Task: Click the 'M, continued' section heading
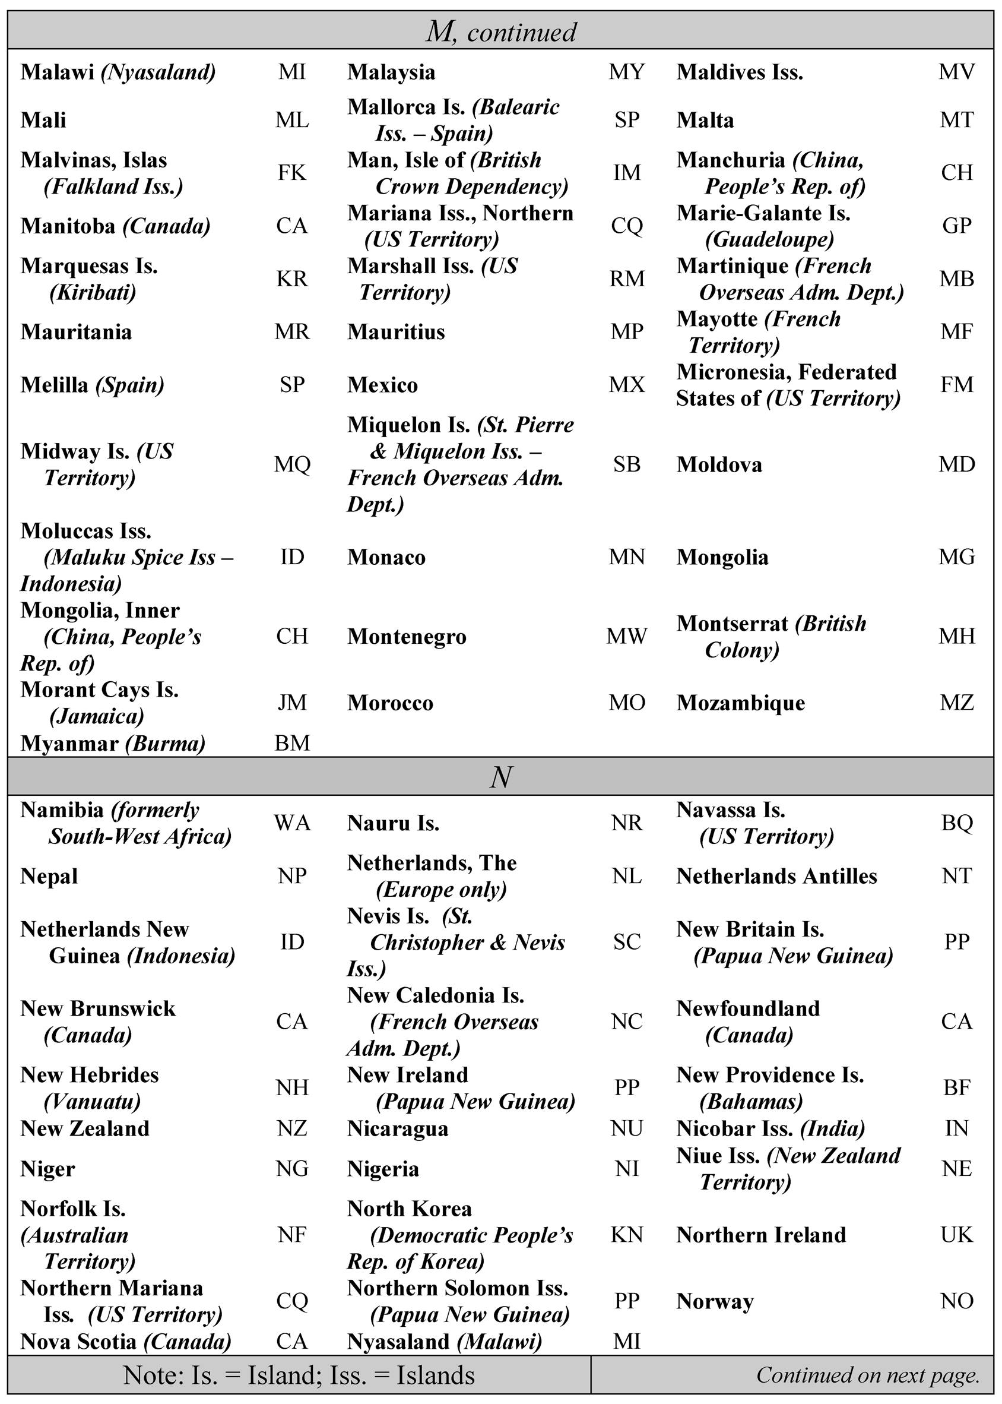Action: [x=501, y=31]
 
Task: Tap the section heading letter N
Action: [x=501, y=776]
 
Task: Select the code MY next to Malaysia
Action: [x=626, y=72]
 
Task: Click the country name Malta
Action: [x=705, y=120]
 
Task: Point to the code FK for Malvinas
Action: [x=292, y=173]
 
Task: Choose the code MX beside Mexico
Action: [x=626, y=385]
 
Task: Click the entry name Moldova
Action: [x=719, y=464]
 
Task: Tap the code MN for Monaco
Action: [x=626, y=557]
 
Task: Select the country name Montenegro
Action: [x=407, y=636]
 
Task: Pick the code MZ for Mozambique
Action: [x=956, y=703]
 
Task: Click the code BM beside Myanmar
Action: [x=292, y=743]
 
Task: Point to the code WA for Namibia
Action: [x=292, y=823]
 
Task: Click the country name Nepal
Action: [x=49, y=877]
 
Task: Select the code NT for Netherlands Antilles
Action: [x=956, y=877]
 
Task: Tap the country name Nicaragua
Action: [x=397, y=1129]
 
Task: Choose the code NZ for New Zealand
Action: [x=292, y=1129]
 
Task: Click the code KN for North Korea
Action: [x=626, y=1235]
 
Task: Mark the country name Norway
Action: [x=715, y=1301]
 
